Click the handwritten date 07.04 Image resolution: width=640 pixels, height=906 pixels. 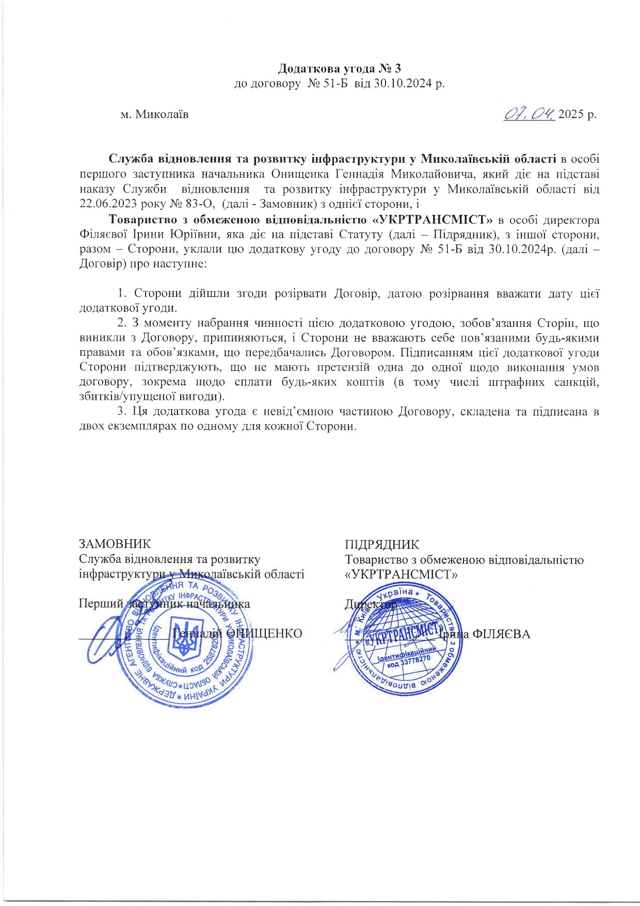530,113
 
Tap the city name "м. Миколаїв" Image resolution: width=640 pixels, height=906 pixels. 154,114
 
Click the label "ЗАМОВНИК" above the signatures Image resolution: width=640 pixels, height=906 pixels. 115,544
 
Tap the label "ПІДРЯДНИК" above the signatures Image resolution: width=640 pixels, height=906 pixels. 382,544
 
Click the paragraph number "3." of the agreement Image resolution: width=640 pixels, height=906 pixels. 122,412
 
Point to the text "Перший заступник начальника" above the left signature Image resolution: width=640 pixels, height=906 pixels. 164,604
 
